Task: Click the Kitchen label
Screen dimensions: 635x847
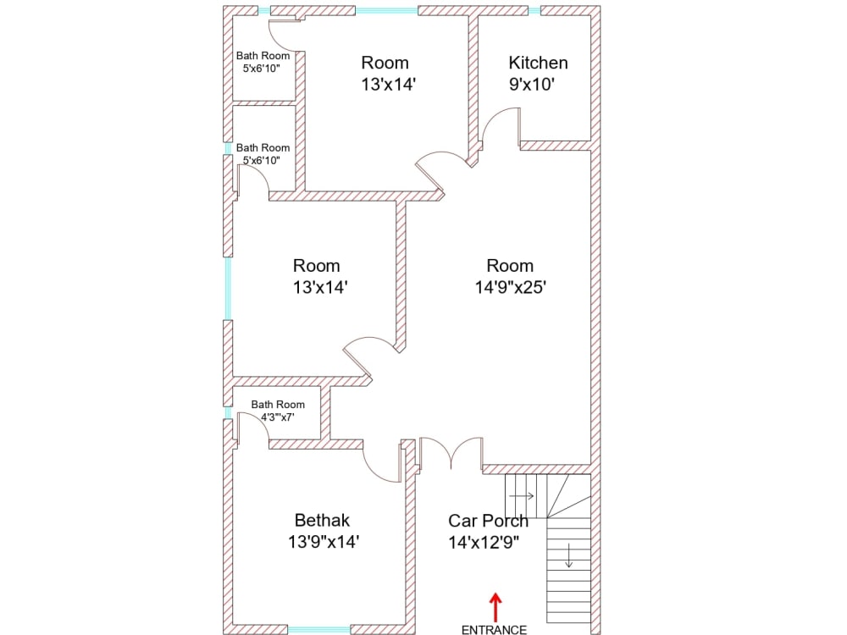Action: [x=538, y=63]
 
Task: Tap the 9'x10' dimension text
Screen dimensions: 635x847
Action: [x=531, y=85]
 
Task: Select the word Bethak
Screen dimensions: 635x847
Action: [x=322, y=520]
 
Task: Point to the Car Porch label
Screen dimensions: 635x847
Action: [x=488, y=521]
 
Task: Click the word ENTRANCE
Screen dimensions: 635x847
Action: [x=494, y=629]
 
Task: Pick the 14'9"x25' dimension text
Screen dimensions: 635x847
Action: [x=510, y=287]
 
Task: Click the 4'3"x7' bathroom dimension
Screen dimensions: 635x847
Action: [x=277, y=417]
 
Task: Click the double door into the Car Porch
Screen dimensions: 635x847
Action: [x=451, y=454]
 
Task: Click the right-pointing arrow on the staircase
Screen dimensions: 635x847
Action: [x=523, y=495]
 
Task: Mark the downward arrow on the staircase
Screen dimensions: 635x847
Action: [x=568, y=557]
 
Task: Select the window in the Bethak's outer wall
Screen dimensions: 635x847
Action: [x=319, y=629]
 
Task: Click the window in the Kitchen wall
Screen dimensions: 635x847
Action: [x=534, y=11]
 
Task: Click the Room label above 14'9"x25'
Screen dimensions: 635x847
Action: [x=510, y=265]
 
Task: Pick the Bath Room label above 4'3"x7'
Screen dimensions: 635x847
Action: [x=278, y=405]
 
